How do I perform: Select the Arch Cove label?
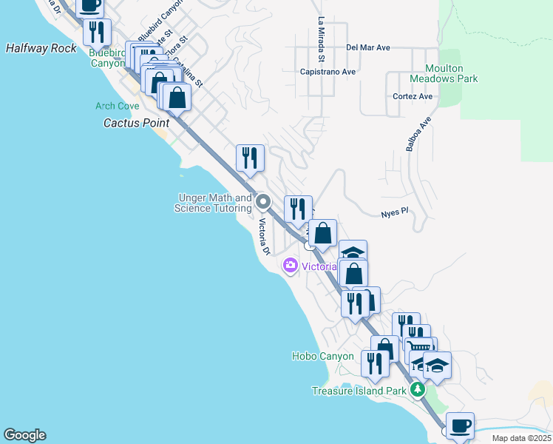(x=117, y=107)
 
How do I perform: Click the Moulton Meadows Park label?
(x=444, y=74)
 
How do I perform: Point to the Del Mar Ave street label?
(x=367, y=47)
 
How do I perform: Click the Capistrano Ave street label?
(x=328, y=72)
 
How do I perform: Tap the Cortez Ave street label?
(x=413, y=96)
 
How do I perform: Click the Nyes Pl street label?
(x=394, y=212)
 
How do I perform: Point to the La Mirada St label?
(x=322, y=39)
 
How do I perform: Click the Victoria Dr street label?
(x=264, y=237)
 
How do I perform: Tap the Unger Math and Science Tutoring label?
(x=213, y=203)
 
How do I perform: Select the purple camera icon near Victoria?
(x=290, y=265)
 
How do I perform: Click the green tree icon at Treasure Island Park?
(x=418, y=389)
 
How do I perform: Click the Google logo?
(x=24, y=435)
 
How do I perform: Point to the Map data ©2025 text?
(x=521, y=438)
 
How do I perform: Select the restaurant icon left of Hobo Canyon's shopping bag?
(x=375, y=363)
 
